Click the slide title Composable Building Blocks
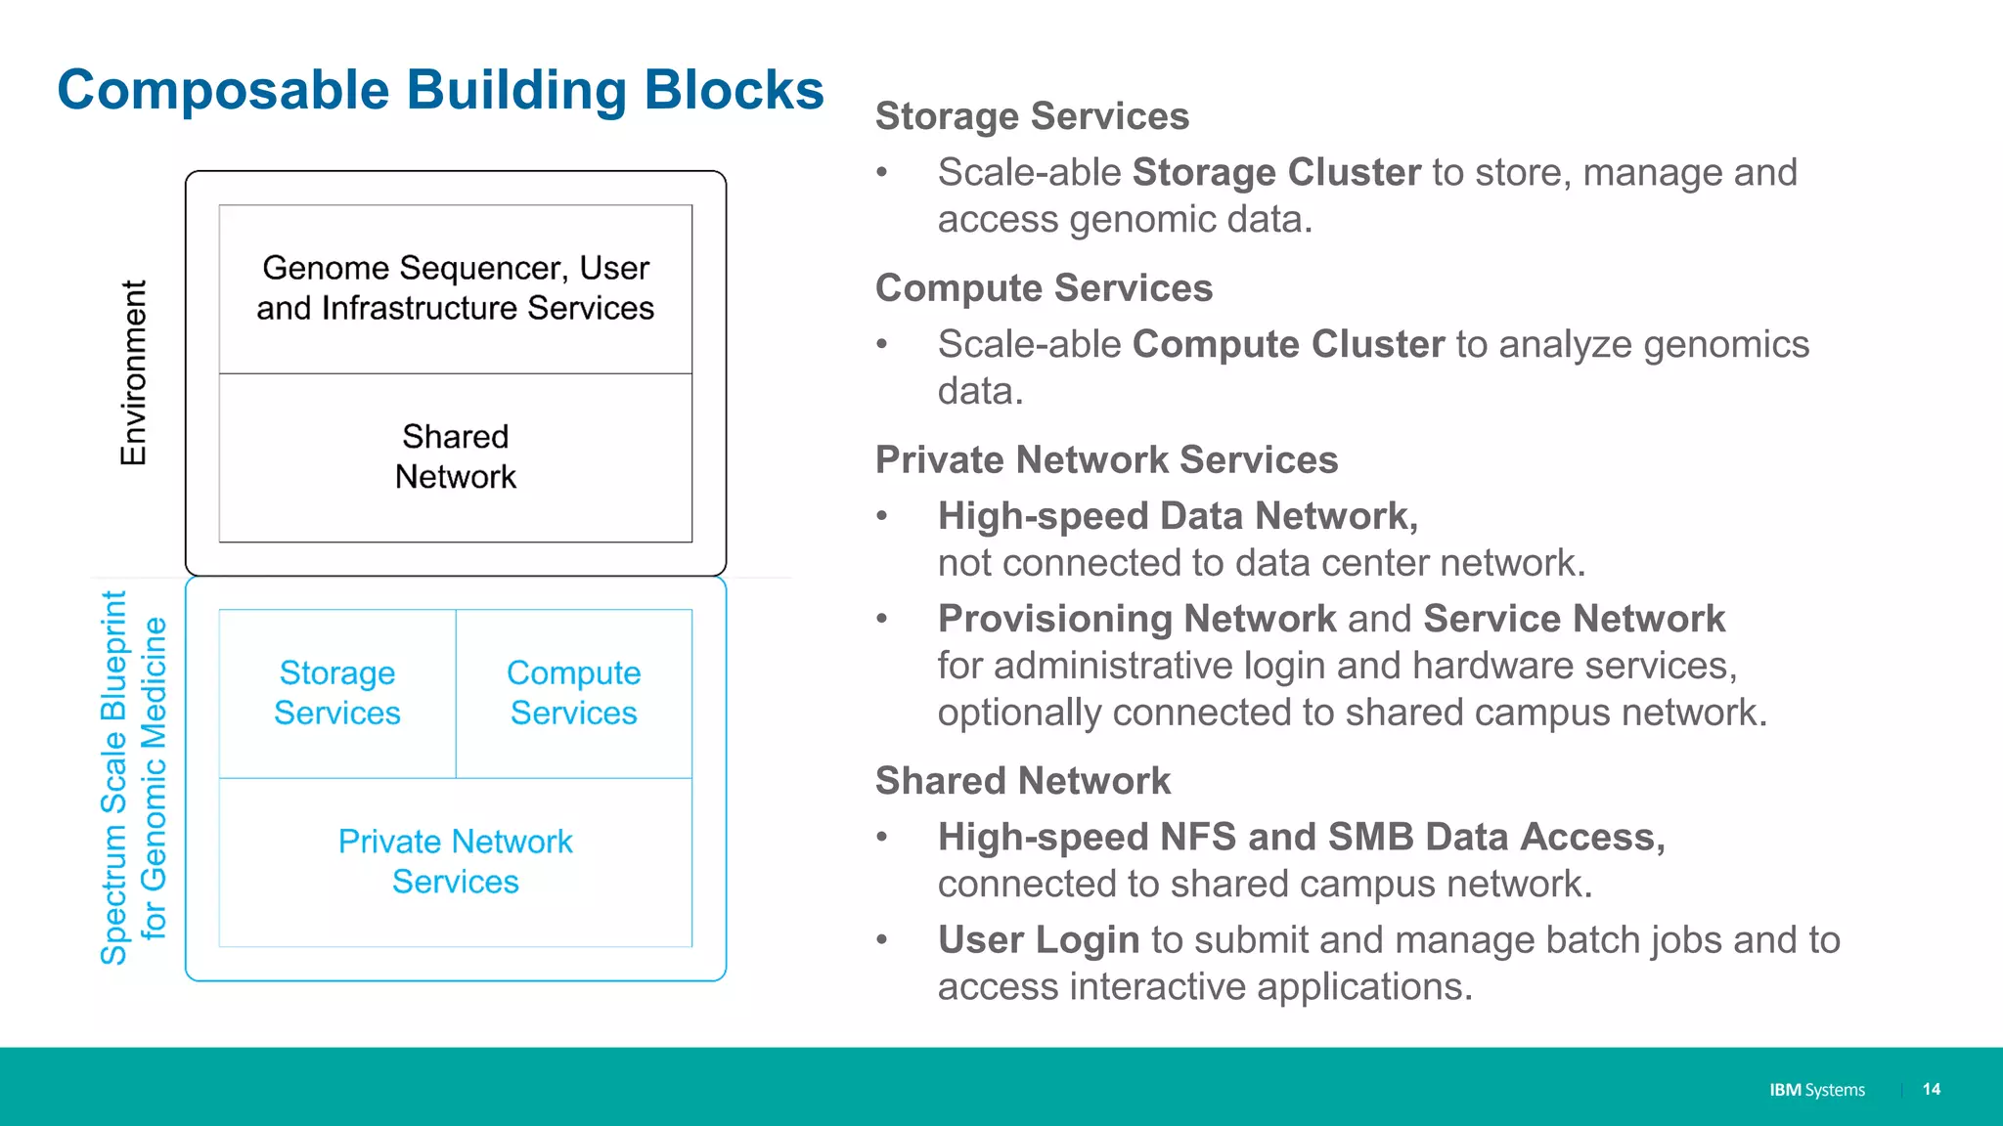440,90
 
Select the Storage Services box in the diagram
337,693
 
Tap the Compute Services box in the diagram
574,693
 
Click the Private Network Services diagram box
456,861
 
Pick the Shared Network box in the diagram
456,456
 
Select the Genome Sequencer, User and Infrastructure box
456,288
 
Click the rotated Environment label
134,372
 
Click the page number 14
1931,1089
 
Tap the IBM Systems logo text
1816,1090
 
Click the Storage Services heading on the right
1032,116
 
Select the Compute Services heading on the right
1044,288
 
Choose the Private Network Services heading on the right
1106,460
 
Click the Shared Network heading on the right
1022,781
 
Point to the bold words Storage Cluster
1276,173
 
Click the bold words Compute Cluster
1288,345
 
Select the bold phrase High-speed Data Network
1178,516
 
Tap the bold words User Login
1039,940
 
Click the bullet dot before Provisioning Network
882,619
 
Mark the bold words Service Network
1574,619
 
